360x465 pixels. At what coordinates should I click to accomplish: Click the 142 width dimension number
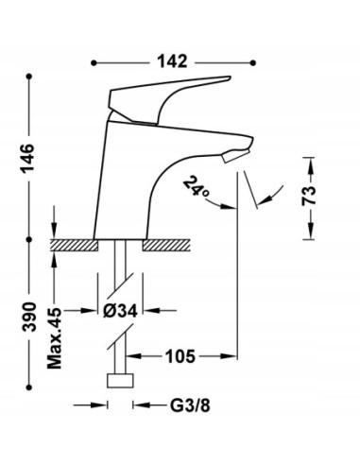172,61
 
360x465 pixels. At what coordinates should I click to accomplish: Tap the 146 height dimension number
27,158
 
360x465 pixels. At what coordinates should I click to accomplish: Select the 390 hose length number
29,317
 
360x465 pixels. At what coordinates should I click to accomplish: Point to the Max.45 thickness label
54,338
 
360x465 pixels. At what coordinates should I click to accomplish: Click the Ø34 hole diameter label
120,311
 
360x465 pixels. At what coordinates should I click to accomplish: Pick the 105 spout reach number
180,356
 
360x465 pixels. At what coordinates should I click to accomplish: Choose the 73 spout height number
309,196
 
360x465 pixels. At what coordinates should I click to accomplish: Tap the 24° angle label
196,187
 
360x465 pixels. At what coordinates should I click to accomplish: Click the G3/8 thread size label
190,405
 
